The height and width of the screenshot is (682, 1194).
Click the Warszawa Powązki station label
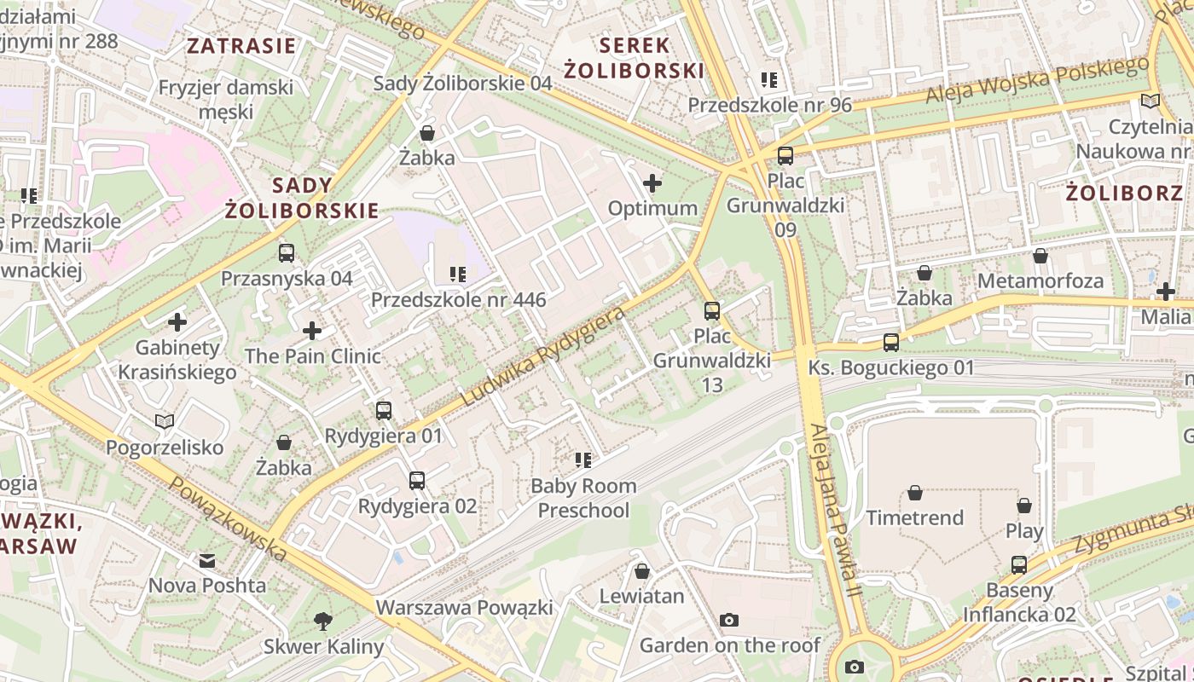(x=464, y=608)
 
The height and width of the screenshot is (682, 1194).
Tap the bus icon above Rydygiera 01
(x=384, y=411)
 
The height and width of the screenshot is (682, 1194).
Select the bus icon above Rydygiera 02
(x=416, y=481)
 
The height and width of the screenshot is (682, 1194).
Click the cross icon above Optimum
(x=652, y=183)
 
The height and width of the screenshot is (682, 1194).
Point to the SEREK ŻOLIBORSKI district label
(x=652, y=58)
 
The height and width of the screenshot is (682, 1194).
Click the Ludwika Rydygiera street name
(x=543, y=355)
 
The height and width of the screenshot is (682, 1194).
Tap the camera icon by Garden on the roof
(x=728, y=620)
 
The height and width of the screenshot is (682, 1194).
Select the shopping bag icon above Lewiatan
(x=641, y=571)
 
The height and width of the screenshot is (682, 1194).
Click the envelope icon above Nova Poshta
(x=207, y=561)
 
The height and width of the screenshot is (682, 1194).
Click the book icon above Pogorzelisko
(x=165, y=422)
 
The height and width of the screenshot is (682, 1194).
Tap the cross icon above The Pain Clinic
(x=312, y=331)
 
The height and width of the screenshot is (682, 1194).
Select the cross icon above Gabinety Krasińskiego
(x=177, y=322)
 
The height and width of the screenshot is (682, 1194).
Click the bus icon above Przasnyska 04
(x=287, y=253)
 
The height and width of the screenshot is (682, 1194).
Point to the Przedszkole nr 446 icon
(x=458, y=275)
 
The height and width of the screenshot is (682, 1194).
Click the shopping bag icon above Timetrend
(x=915, y=493)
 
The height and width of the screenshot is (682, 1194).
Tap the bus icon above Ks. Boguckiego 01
(x=891, y=343)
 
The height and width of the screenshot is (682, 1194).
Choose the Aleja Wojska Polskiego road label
(x=1037, y=81)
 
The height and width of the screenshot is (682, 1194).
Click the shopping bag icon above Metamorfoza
(x=1040, y=256)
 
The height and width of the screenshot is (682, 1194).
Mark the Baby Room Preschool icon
(x=583, y=460)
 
